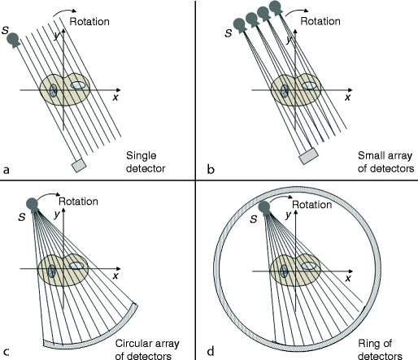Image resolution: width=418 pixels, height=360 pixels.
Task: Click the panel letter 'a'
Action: (7, 170)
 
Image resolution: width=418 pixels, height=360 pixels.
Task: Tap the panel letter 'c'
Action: (7, 350)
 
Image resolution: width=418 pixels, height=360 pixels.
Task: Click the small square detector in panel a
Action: (80, 165)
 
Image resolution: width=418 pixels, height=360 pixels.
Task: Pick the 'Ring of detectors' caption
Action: (379, 347)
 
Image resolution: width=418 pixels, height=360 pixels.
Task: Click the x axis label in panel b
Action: (349, 98)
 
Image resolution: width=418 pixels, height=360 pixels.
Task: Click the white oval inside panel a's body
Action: (79, 85)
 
